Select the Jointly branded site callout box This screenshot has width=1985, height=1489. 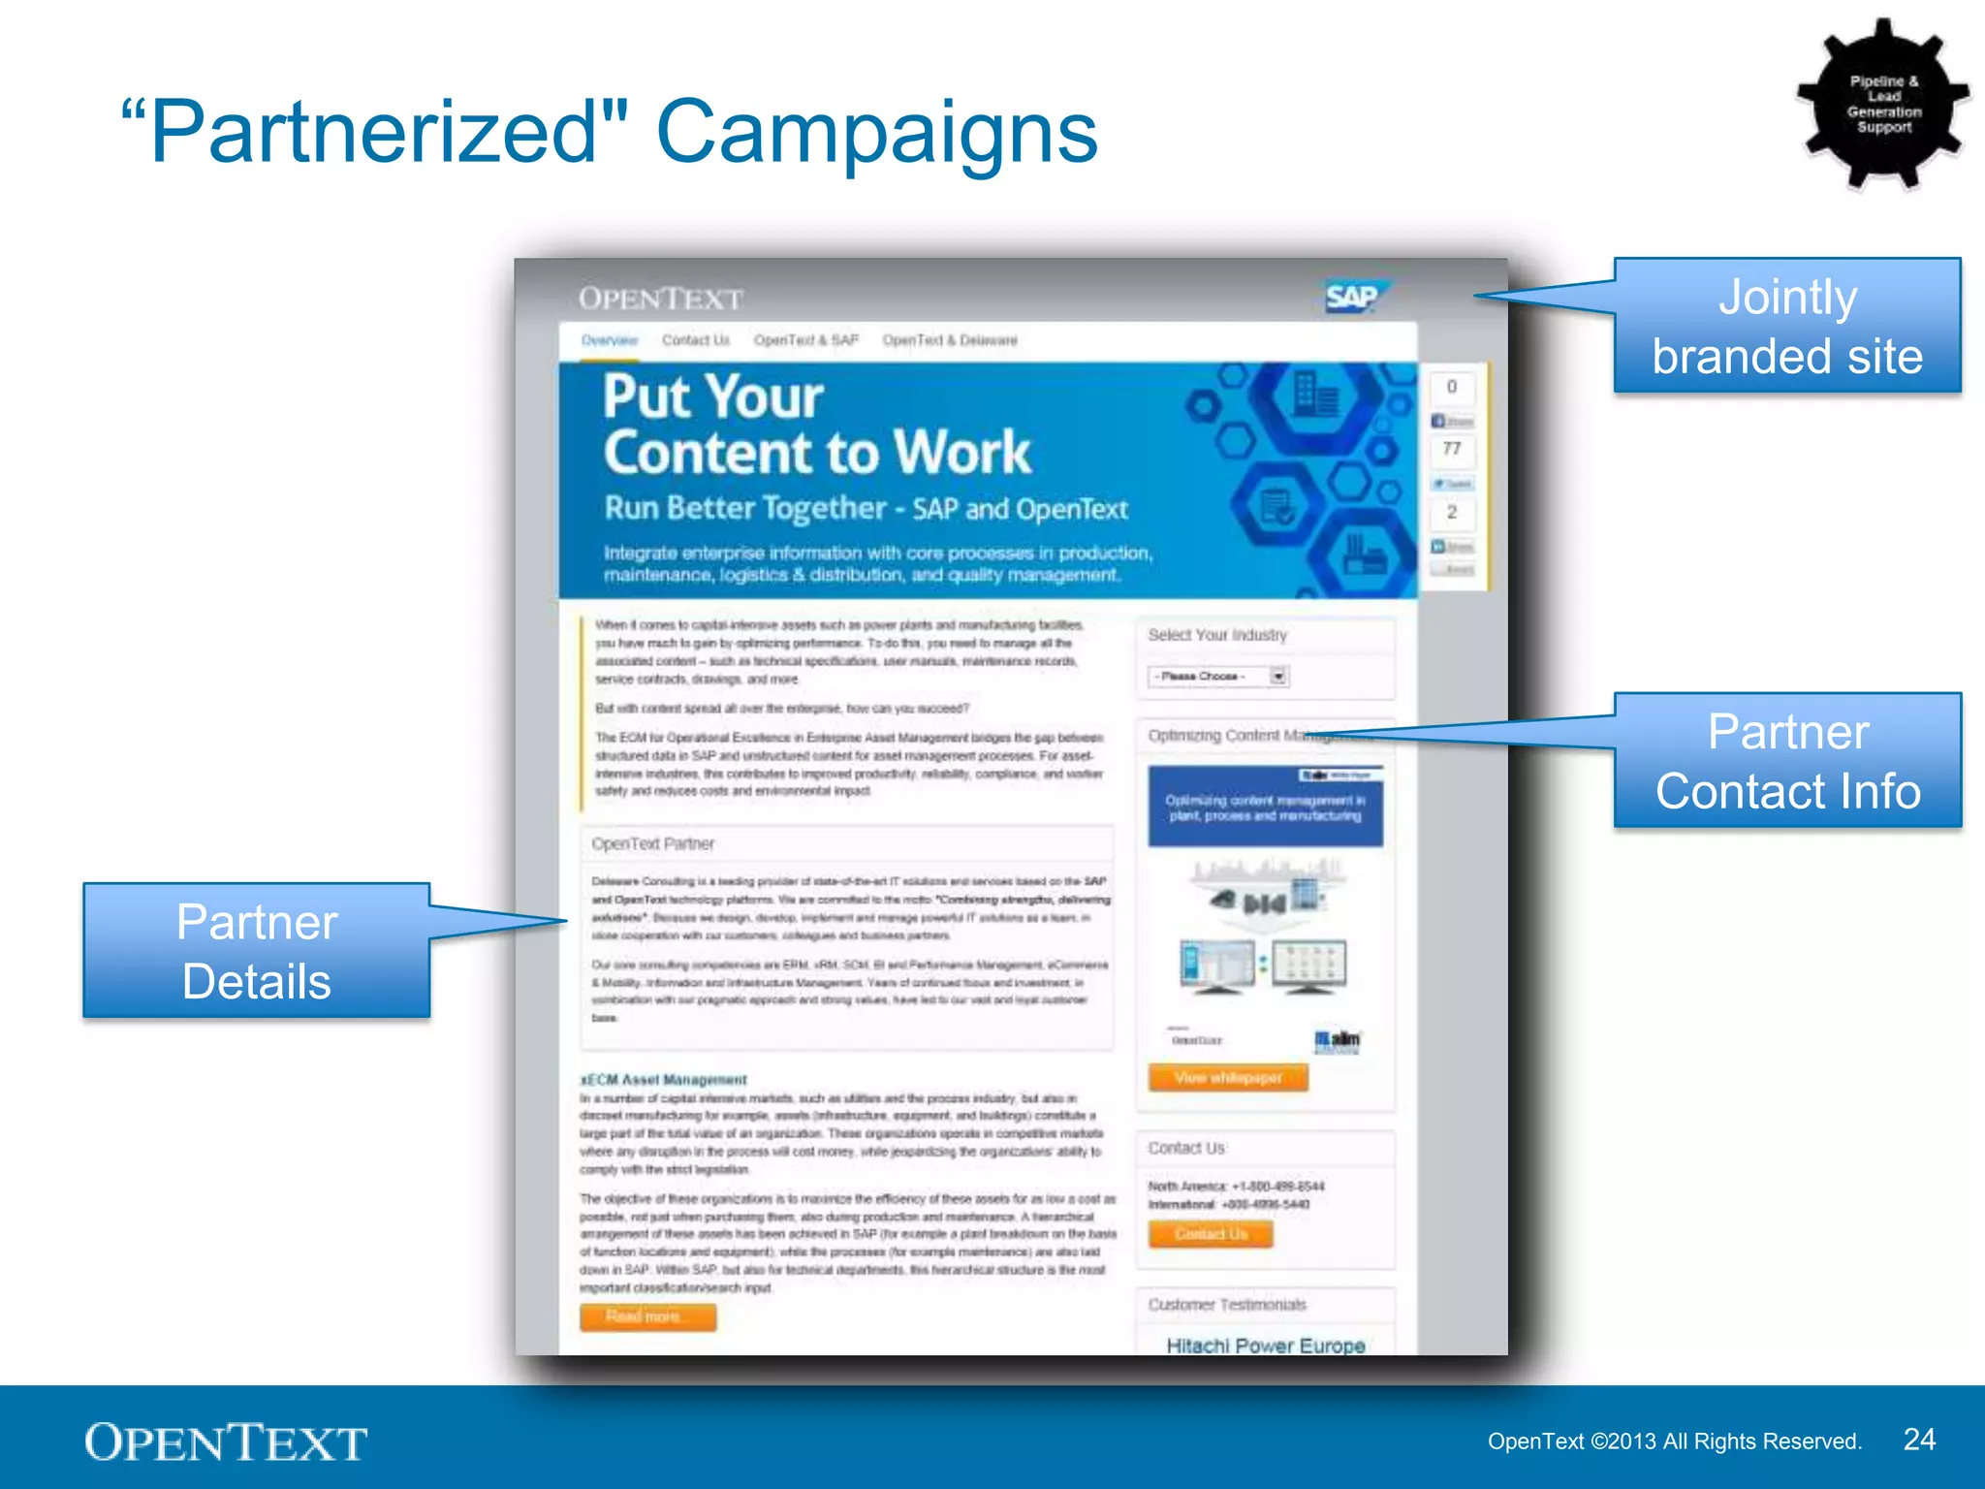coord(1787,326)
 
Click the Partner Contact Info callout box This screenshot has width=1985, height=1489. coord(1787,761)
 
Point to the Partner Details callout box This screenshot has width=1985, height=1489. coord(257,951)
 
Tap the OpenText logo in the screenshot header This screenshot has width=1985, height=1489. coord(661,299)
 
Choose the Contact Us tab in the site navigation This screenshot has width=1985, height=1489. coord(695,340)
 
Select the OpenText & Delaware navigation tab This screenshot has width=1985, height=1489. coord(949,340)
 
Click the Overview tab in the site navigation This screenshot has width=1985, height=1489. coord(610,340)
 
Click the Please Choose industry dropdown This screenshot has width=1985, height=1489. coord(1218,676)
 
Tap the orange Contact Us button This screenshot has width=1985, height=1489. coord(1211,1234)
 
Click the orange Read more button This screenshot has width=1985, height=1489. coord(647,1316)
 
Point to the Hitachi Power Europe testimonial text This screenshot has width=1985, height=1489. coord(1265,1346)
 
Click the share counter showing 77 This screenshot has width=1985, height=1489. coord(1452,449)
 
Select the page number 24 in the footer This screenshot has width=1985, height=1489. coord(1919,1440)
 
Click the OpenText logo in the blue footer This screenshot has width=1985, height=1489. coord(226,1442)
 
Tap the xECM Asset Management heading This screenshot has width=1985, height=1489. coord(664,1079)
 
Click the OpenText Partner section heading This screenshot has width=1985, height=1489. coord(653,843)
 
